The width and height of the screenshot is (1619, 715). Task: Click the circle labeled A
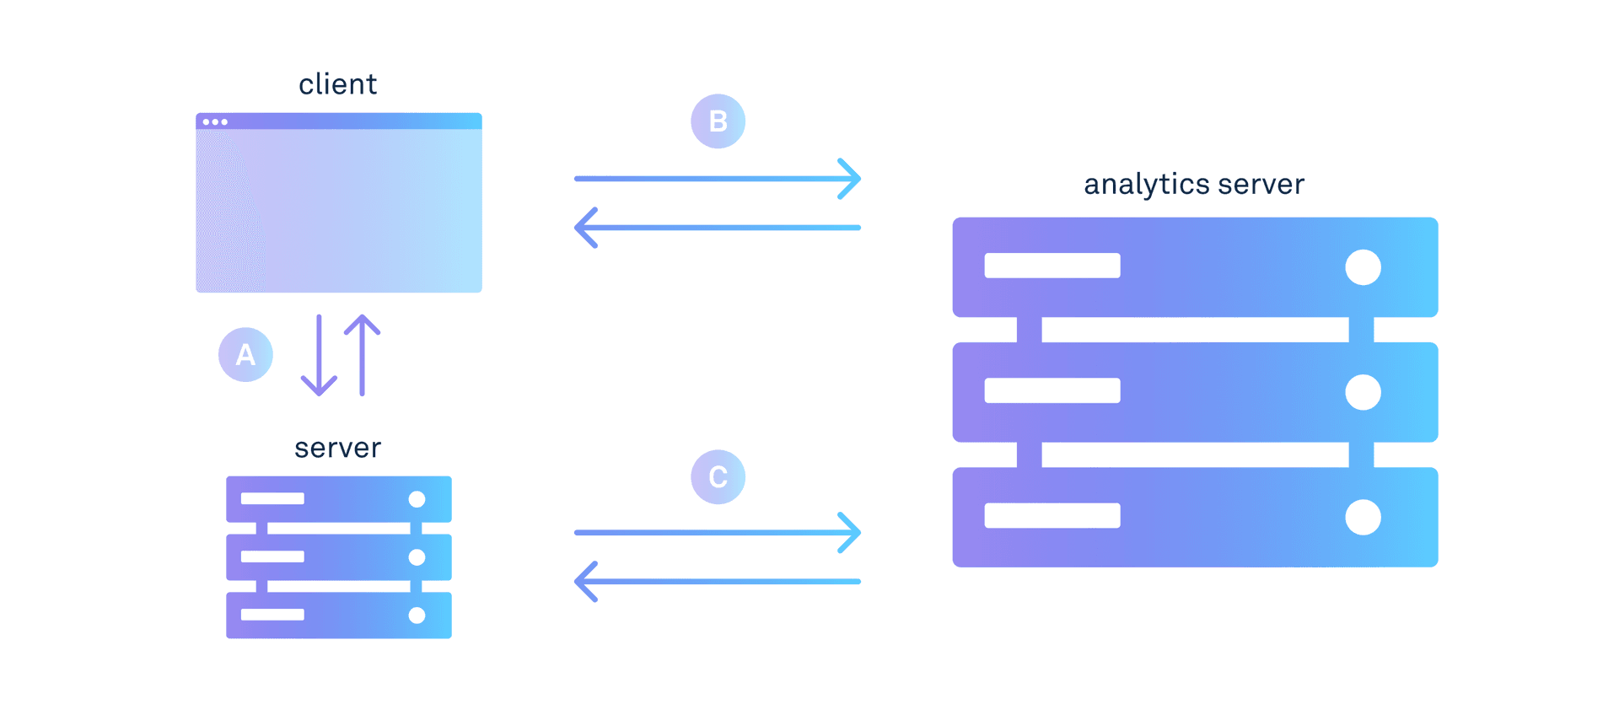pos(245,354)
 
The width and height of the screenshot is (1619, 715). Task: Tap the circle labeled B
pos(718,121)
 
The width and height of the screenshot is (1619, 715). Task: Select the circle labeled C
pos(718,477)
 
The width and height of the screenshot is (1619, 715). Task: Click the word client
pos(337,84)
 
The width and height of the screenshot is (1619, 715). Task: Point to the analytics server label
pos(1194,184)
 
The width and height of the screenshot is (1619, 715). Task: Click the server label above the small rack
pos(337,448)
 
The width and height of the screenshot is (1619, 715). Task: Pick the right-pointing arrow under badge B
pos(718,179)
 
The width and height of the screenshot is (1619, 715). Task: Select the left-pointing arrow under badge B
pos(718,228)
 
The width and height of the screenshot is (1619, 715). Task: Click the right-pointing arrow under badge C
pos(718,533)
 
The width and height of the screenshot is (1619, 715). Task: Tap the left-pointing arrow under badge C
pos(718,582)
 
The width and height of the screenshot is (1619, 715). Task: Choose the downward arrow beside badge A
pos(319,355)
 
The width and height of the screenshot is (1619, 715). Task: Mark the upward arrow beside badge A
pos(363,355)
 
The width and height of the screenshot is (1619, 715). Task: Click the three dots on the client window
pos(215,122)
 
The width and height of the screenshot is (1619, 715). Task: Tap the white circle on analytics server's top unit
pos(1363,267)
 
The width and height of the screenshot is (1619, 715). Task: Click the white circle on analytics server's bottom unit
pos(1363,517)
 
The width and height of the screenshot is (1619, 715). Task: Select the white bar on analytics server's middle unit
pos(1052,390)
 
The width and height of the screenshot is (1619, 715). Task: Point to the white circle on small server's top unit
pos(417,499)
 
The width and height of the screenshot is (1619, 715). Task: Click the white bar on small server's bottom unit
pos(272,615)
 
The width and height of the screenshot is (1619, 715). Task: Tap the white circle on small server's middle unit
pos(417,557)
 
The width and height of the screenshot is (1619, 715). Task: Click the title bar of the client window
pos(354,121)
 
